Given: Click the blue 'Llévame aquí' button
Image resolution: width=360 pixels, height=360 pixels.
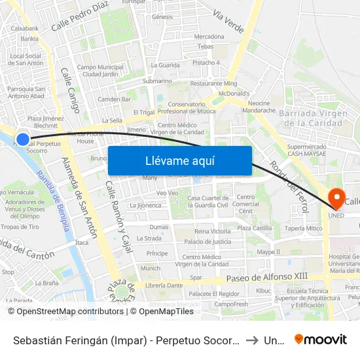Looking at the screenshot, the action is (x=179, y=160).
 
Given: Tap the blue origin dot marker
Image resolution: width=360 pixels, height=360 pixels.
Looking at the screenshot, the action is (x=23, y=139).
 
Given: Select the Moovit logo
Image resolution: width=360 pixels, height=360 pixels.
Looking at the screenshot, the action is (x=321, y=339).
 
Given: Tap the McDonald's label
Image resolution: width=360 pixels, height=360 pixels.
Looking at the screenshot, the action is (x=234, y=94).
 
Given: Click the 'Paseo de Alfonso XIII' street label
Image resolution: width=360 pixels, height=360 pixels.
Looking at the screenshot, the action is (x=266, y=278).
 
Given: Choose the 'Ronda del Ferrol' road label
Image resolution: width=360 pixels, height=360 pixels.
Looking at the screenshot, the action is (x=289, y=187).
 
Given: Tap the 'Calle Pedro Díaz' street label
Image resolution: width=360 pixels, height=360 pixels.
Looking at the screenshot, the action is (x=79, y=16).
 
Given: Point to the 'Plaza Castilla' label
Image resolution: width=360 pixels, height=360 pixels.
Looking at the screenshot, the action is (x=254, y=228).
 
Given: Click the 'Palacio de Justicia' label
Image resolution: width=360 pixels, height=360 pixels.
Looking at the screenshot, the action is (x=207, y=242).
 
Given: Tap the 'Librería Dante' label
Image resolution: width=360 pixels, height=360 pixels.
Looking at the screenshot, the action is (x=164, y=285).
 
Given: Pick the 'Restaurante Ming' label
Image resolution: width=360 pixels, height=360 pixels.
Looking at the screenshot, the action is (x=213, y=84).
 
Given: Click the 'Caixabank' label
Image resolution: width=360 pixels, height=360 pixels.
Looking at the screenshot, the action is (x=25, y=28).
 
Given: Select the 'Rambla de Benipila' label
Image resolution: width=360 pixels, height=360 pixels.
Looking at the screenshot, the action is (x=53, y=205).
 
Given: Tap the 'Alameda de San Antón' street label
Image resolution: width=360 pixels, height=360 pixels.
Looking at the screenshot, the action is (x=79, y=196).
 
